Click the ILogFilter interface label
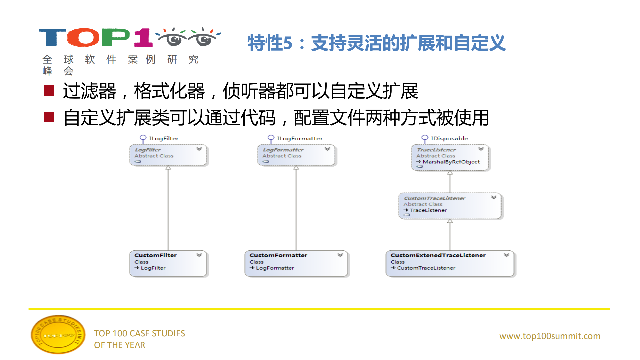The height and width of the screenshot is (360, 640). [x=163, y=138]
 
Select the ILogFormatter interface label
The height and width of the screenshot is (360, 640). [x=299, y=138]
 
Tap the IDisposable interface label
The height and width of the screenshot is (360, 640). [x=449, y=138]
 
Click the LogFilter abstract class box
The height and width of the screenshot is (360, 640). [x=168, y=155]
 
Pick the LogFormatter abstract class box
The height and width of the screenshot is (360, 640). [x=296, y=155]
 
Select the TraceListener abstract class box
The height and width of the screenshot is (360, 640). [x=450, y=158]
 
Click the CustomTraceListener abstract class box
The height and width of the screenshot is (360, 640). [x=450, y=206]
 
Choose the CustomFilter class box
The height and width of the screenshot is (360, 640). [x=168, y=264]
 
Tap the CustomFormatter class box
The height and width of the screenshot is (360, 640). [x=296, y=264]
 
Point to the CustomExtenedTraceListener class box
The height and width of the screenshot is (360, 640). [x=450, y=264]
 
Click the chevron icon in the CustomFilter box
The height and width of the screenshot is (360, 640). [x=199, y=255]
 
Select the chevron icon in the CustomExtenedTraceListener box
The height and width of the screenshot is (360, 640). [x=506, y=255]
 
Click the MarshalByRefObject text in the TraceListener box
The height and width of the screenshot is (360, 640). [x=451, y=162]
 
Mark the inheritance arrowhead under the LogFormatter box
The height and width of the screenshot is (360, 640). [x=296, y=168]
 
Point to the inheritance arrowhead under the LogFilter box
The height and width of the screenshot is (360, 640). [x=168, y=168]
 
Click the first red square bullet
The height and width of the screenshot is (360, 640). [x=49, y=90]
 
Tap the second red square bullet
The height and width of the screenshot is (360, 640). [x=49, y=117]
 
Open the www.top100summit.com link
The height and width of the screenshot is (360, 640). [x=550, y=336]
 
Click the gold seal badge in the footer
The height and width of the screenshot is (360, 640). [x=58, y=335]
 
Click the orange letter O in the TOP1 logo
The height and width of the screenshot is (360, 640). [x=83, y=37]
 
